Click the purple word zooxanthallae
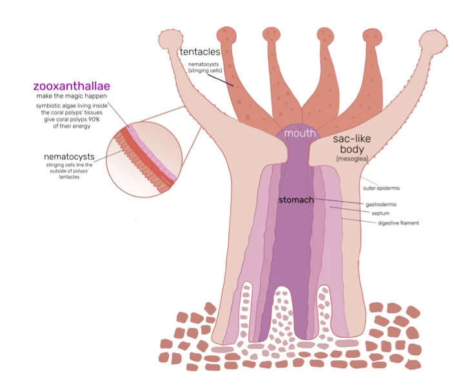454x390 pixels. point(75,85)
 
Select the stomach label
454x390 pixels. point(296,200)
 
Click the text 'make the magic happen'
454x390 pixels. point(71,97)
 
